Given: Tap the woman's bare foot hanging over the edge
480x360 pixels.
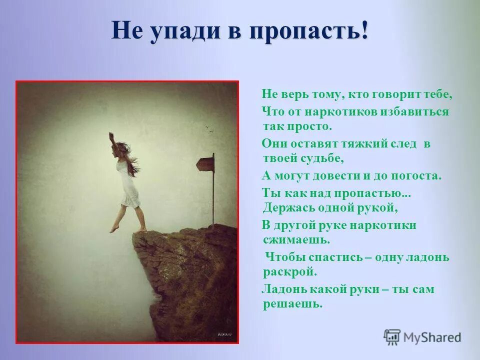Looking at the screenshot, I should [114, 228].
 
